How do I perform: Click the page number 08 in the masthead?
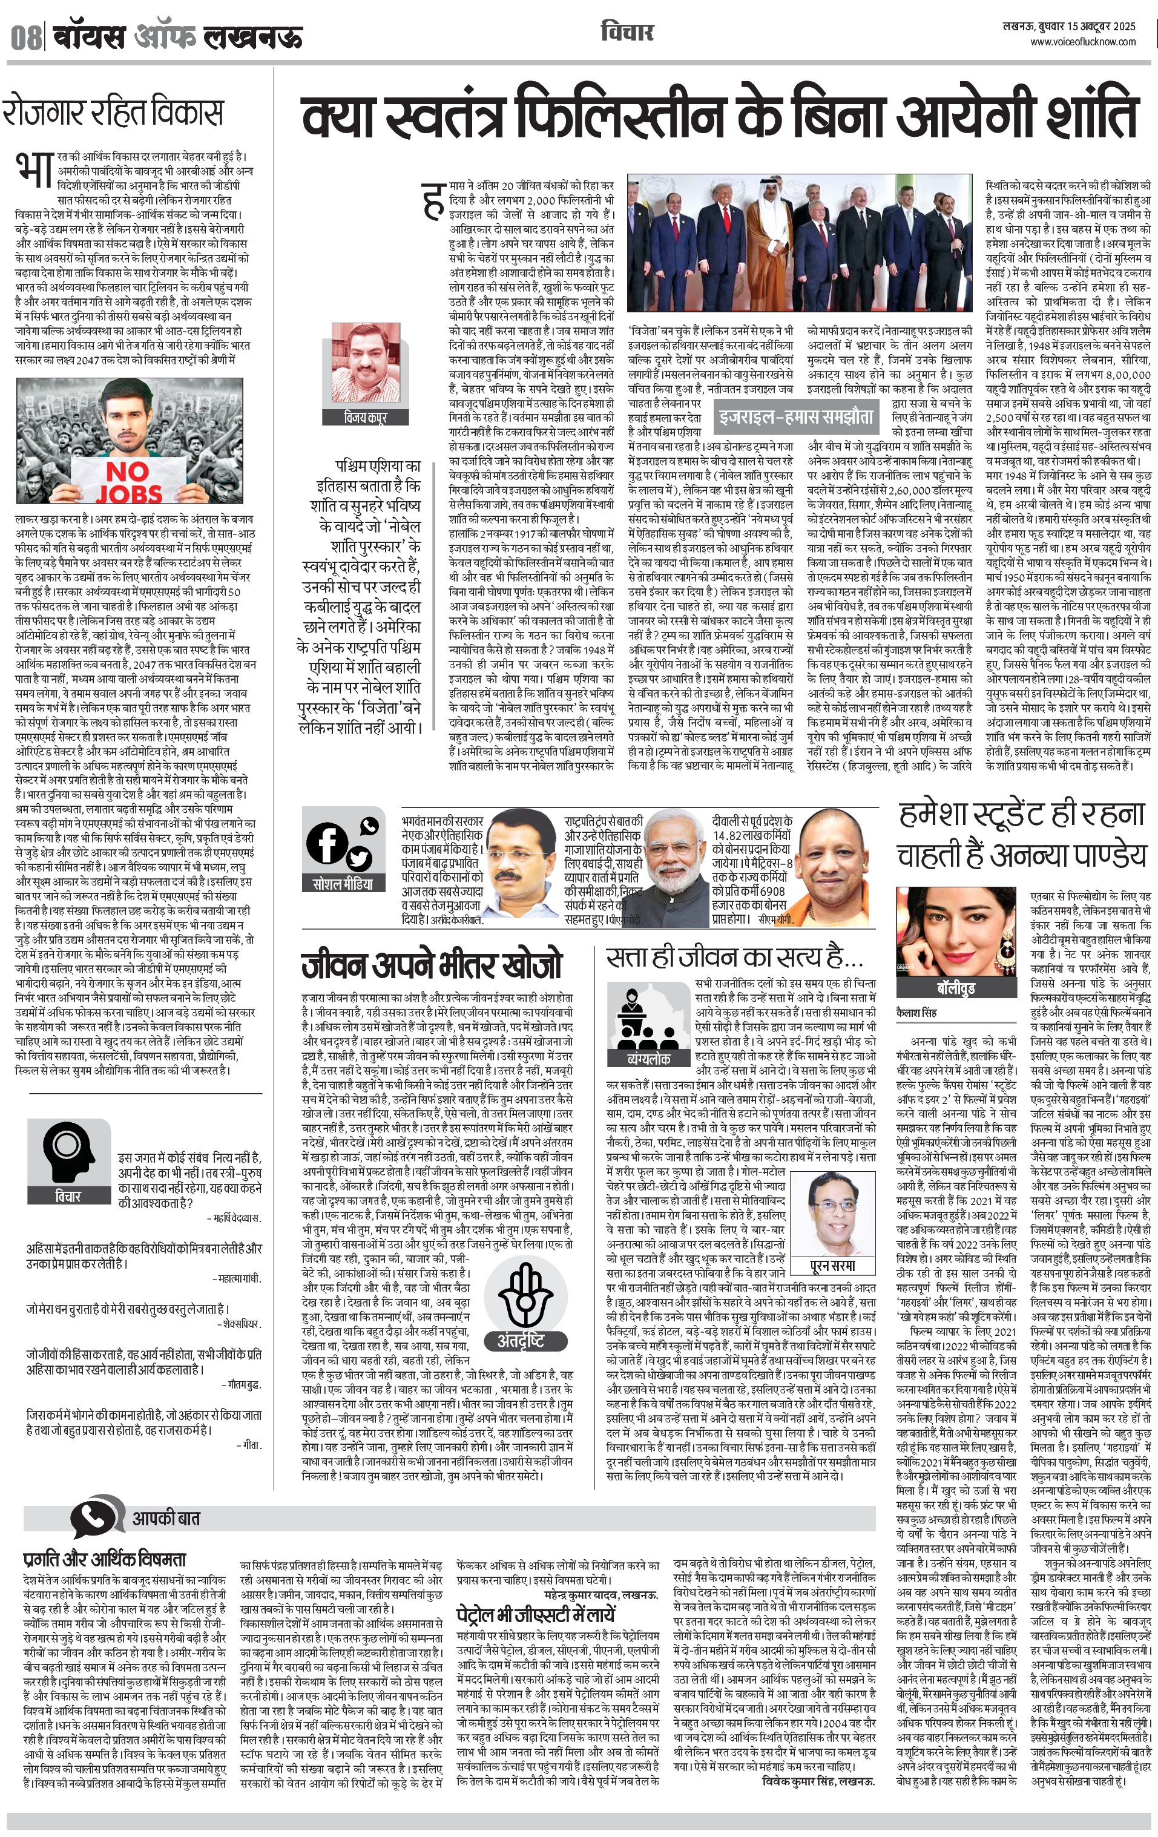[25, 36]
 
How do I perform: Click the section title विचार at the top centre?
[627, 32]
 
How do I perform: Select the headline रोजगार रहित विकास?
[113, 112]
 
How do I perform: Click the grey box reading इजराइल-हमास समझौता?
[795, 416]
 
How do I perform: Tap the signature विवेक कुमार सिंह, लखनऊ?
[818, 1781]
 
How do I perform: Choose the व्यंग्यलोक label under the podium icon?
[648, 1058]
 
